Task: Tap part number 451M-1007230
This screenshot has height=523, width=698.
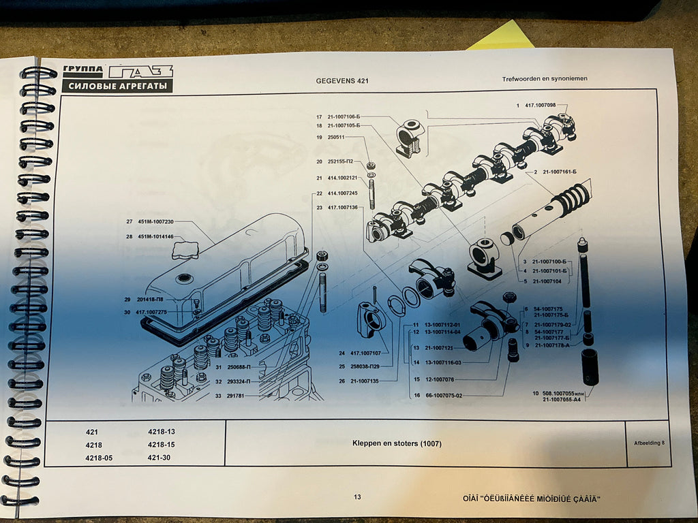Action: (x=156, y=221)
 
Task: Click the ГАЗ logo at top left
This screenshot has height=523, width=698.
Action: (x=141, y=72)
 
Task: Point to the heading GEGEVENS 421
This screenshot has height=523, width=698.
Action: (x=342, y=81)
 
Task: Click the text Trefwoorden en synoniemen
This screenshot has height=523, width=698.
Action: (x=545, y=79)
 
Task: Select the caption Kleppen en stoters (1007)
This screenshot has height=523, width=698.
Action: (x=397, y=444)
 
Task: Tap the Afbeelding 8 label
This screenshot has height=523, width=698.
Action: (x=648, y=442)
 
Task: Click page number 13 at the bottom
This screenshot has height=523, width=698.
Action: (x=357, y=497)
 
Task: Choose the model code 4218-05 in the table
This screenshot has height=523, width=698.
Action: (x=99, y=458)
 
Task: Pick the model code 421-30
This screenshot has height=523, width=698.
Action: (x=160, y=458)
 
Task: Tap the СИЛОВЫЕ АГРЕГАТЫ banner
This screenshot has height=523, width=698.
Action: (x=117, y=86)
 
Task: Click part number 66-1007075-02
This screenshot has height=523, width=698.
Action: (x=443, y=395)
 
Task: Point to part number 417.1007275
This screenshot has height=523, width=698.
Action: (x=151, y=312)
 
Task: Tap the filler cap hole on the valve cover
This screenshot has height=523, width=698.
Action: (x=184, y=278)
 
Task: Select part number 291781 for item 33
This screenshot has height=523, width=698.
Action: (x=238, y=395)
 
